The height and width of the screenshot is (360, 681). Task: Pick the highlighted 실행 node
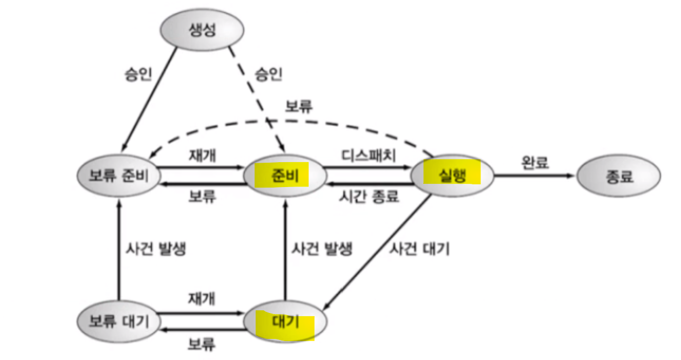click(452, 175)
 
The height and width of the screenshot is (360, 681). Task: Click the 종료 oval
click(619, 177)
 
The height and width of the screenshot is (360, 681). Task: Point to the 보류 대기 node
click(118, 322)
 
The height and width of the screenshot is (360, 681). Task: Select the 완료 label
click(535, 162)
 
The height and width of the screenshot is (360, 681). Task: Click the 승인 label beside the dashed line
click(268, 73)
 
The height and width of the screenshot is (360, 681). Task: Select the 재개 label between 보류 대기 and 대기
click(202, 298)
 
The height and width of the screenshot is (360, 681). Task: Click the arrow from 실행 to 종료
click(535, 176)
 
